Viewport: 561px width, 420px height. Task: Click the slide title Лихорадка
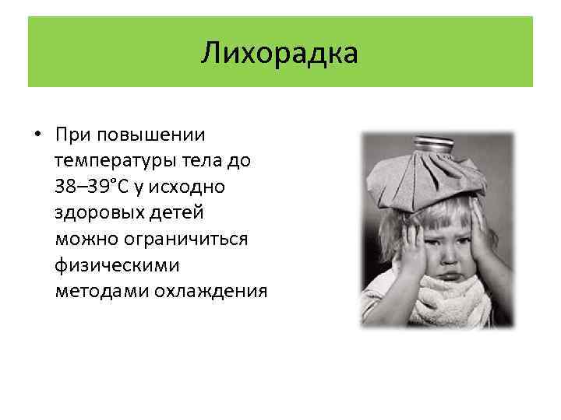point(280,53)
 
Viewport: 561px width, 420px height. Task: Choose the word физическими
point(117,264)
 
